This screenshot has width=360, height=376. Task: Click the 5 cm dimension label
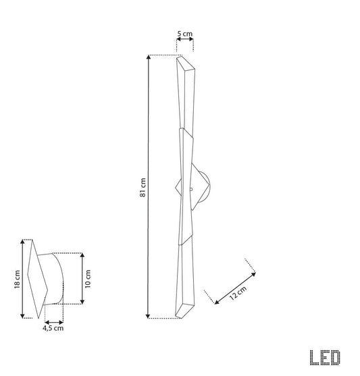(x=185, y=34)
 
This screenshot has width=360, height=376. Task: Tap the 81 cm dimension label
(x=143, y=188)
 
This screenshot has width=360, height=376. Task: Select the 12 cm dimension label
(x=238, y=293)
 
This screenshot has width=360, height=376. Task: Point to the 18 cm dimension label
(x=17, y=279)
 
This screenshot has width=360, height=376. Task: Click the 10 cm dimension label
(x=88, y=279)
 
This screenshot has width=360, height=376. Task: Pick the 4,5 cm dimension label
(x=53, y=328)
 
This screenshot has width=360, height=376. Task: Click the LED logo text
(x=325, y=358)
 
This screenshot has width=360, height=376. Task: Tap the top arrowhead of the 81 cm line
(x=149, y=57)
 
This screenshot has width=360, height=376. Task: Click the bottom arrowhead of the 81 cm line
(x=148, y=317)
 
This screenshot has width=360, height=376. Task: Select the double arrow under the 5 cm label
(x=185, y=39)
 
